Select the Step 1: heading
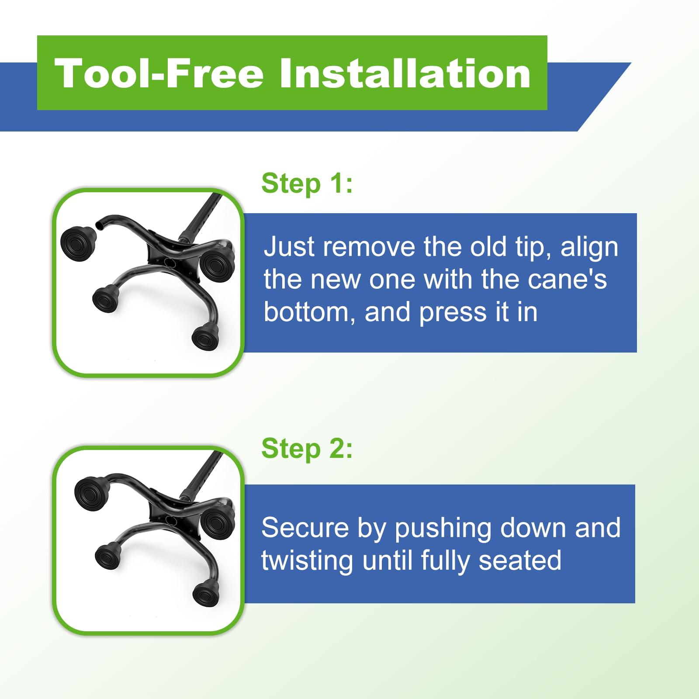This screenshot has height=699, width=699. tap(307, 184)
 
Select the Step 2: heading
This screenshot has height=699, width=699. tap(307, 449)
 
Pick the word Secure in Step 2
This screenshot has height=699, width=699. tap(305, 528)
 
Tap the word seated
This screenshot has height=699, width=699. tap(520, 561)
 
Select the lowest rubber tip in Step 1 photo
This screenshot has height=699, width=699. tap(205, 336)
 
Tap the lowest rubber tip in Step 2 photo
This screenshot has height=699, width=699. tap(206, 593)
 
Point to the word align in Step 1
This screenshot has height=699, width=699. tap(589, 248)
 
